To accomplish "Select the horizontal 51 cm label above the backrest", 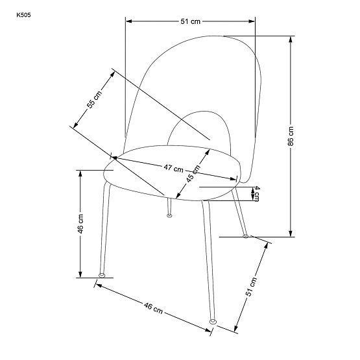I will click(x=190, y=21).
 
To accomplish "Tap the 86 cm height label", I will click(x=291, y=136).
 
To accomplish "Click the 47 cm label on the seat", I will click(x=172, y=168).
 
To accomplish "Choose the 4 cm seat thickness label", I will click(x=257, y=193).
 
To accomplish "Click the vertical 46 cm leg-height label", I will click(x=81, y=224).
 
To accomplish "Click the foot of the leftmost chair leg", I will click(x=101, y=276).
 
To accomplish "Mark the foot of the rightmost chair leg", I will click(x=246, y=237).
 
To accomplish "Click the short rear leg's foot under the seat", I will click(x=169, y=215).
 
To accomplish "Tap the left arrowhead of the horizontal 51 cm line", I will click(x=128, y=21).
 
